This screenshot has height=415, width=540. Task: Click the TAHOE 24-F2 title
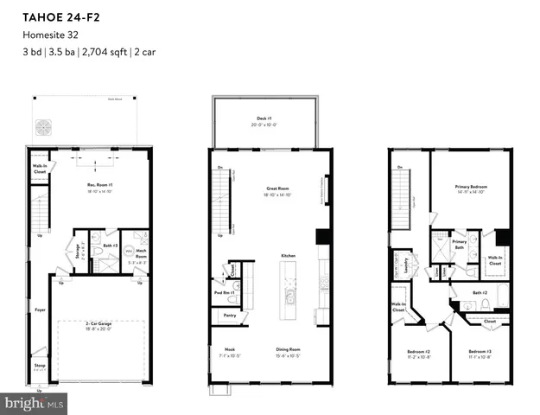pos(54,15)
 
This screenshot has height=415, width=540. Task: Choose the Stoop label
pos(40,366)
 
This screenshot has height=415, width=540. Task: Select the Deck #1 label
pos(264,118)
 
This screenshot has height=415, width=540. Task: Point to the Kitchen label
pos(288,256)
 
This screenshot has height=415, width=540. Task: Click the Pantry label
pos(230,316)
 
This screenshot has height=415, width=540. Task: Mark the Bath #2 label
pos(480,293)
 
